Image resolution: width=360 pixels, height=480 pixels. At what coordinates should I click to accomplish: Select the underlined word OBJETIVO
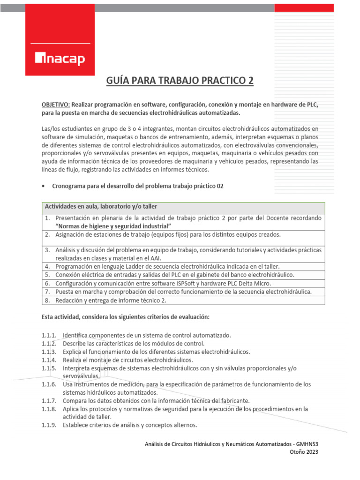click(x=56, y=105)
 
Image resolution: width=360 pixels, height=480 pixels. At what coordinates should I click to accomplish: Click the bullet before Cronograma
click(x=44, y=186)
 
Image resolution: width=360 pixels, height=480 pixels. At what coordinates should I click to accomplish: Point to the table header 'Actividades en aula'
click(x=101, y=207)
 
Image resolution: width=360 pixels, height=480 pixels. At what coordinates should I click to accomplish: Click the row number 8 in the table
click(x=48, y=300)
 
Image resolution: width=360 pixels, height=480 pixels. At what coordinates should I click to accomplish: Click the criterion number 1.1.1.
click(x=49, y=335)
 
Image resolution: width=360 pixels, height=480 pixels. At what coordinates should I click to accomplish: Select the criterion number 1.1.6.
click(x=49, y=384)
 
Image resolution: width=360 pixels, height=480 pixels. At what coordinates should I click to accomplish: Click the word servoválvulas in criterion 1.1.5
click(x=81, y=376)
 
